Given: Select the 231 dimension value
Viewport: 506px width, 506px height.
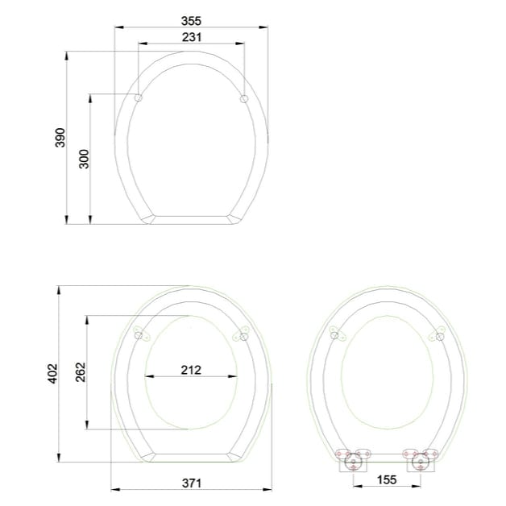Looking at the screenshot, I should coord(191,36).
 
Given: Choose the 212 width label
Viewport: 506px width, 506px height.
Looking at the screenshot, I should coord(191,371).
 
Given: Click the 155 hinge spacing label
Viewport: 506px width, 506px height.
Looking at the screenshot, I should coord(386,479).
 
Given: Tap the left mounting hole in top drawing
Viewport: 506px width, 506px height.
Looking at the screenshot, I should coord(139,98).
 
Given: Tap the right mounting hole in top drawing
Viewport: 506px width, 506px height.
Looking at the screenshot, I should coord(244,98).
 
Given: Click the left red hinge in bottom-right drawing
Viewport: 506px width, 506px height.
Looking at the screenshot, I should coord(350,462).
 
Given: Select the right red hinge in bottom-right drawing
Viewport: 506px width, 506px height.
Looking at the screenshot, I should coord(420,462).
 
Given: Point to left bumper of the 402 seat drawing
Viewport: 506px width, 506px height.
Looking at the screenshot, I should coord(140,334).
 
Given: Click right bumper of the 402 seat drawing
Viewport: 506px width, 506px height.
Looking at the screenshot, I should coord(243,334).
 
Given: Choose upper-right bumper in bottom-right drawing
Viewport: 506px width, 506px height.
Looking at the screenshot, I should coord(439,332).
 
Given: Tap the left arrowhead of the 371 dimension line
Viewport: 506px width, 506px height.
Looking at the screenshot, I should coord(112,489).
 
